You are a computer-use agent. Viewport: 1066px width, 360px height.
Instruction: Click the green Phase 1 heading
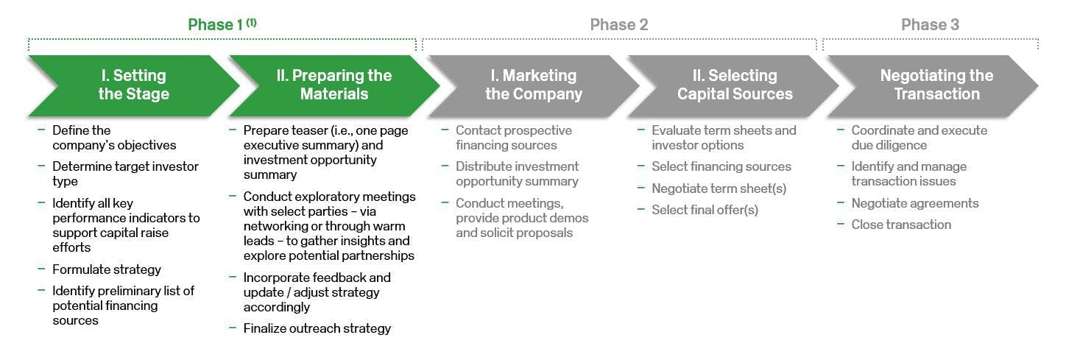(215, 25)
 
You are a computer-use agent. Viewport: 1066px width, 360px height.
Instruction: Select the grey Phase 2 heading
(618, 25)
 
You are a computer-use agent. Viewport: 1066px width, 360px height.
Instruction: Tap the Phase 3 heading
(930, 25)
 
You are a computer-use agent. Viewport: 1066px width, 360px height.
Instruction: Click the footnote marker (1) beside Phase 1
(252, 22)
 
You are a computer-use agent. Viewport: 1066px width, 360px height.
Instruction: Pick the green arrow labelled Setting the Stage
(133, 85)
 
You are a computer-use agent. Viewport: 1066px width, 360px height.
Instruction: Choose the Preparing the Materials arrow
(334, 85)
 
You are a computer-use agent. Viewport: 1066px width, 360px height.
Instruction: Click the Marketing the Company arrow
(533, 85)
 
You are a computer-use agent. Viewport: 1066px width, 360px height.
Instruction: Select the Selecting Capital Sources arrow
(734, 85)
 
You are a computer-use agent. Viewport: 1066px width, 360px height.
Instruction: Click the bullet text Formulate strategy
(106, 269)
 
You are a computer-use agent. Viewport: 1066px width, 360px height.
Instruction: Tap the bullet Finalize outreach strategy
(317, 328)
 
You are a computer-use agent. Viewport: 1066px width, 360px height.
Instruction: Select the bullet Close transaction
(901, 225)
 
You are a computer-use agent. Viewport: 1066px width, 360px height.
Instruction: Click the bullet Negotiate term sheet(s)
(719, 188)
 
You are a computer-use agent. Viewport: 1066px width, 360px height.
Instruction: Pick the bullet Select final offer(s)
(705, 210)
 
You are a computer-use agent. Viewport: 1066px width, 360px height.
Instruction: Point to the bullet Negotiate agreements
(915, 203)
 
